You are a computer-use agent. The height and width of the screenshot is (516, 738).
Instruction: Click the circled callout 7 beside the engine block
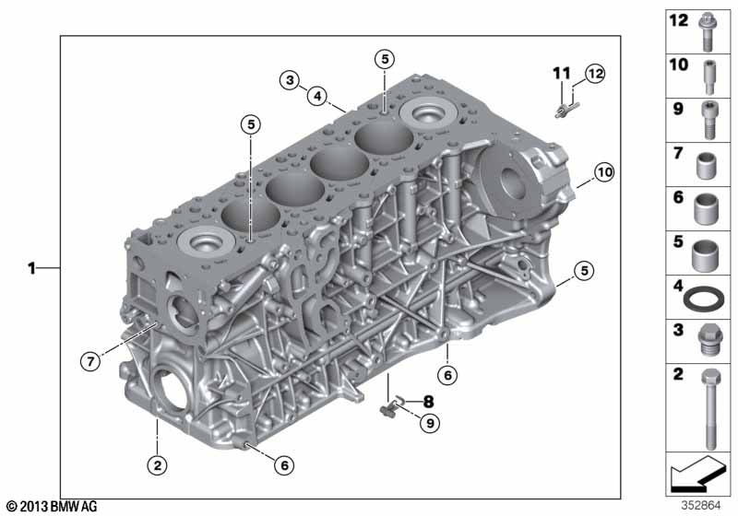pyautogui.click(x=90, y=361)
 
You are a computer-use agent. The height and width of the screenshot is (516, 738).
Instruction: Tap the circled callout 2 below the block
pyautogui.click(x=157, y=464)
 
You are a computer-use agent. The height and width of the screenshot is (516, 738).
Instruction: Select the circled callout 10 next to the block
pyautogui.click(x=604, y=172)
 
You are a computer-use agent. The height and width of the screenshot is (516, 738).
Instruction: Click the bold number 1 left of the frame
pyautogui.click(x=31, y=268)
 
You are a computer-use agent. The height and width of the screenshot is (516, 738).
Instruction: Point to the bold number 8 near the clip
pyautogui.click(x=428, y=402)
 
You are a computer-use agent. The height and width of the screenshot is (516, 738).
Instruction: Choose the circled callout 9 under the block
pyautogui.click(x=430, y=423)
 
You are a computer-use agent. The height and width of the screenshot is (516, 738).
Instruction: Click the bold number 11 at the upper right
pyautogui.click(x=562, y=74)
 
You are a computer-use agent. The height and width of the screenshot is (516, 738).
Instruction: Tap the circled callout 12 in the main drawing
pyautogui.click(x=595, y=74)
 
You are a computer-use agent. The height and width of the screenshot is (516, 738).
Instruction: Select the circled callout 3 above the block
pyautogui.click(x=290, y=80)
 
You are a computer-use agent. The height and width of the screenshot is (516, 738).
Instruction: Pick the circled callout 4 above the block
pyautogui.click(x=317, y=96)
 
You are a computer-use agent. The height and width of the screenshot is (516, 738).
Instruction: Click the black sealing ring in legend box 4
pyautogui.click(x=704, y=299)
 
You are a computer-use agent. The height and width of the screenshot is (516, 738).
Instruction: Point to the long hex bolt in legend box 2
pyautogui.click(x=710, y=409)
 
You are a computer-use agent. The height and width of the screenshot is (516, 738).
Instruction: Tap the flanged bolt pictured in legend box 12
pyautogui.click(x=706, y=32)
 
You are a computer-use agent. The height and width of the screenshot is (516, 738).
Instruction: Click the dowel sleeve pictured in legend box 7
pyautogui.click(x=706, y=166)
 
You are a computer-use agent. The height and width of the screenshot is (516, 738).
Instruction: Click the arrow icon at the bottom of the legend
pyautogui.click(x=697, y=474)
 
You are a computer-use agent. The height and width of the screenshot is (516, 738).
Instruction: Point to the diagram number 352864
pyautogui.click(x=701, y=506)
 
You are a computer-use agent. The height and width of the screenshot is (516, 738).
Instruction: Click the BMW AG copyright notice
pyautogui.click(x=52, y=507)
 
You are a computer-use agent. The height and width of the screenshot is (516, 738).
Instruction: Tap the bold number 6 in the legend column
pyautogui.click(x=678, y=197)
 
